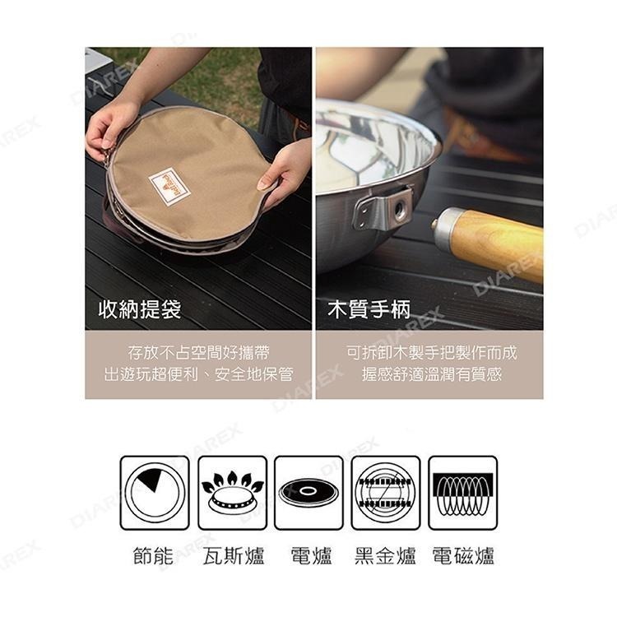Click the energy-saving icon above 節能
pyautogui.click(x=155, y=493)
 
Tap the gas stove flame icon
pyautogui.click(x=232, y=493)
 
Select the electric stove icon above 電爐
pyautogui.click(x=308, y=493)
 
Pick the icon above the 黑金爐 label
pyautogui.click(x=385, y=493)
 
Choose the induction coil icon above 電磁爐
pyautogui.click(x=462, y=493)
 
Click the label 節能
pyautogui.click(x=154, y=556)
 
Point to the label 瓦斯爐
pyautogui.click(x=233, y=556)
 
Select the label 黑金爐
pyautogui.click(x=385, y=556)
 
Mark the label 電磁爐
pyautogui.click(x=463, y=556)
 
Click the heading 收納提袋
pyautogui.click(x=140, y=310)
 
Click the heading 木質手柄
pyautogui.click(x=369, y=310)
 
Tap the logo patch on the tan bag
pyautogui.click(x=170, y=186)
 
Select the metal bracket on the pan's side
pyautogui.click(x=383, y=206)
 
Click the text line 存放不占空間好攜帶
pyautogui.click(x=198, y=353)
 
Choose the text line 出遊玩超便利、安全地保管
pyautogui.click(x=198, y=374)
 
